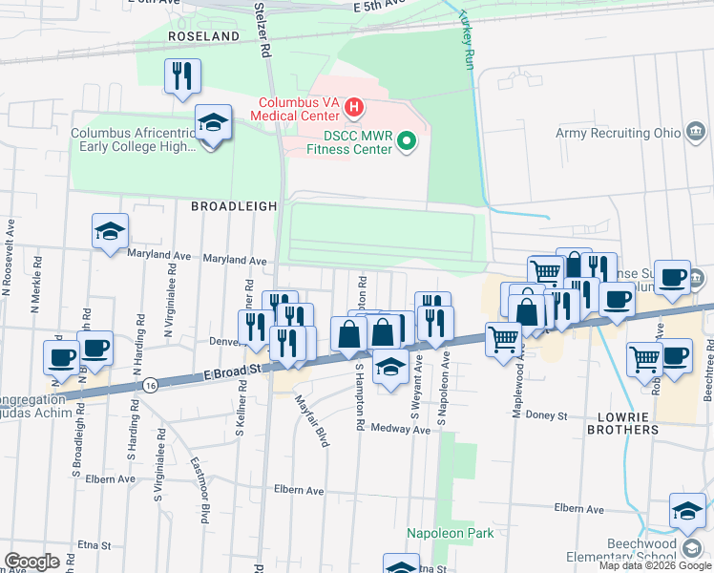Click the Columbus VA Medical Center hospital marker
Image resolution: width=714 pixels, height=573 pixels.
pyautogui.click(x=354, y=105)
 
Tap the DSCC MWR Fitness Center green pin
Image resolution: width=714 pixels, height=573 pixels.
pyautogui.click(x=408, y=142)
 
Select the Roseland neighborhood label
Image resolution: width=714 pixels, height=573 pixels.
pyautogui.click(x=203, y=35)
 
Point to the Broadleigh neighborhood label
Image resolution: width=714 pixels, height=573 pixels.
pyautogui.click(x=234, y=205)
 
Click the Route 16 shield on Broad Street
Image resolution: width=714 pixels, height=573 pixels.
pyautogui.click(x=152, y=384)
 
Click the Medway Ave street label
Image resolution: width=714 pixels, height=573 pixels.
pyautogui.click(x=402, y=430)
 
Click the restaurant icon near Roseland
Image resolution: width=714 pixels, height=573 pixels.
pyautogui.click(x=182, y=74)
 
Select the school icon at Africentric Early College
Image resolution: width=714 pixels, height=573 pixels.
pyautogui.click(x=213, y=122)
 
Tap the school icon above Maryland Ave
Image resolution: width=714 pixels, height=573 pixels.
pyautogui.click(x=111, y=230)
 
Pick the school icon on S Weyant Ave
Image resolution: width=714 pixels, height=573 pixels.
pyautogui.click(x=390, y=367)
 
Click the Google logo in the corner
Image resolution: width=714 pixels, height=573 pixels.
pyautogui.click(x=31, y=562)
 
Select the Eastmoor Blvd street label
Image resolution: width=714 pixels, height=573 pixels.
pyautogui.click(x=199, y=492)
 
